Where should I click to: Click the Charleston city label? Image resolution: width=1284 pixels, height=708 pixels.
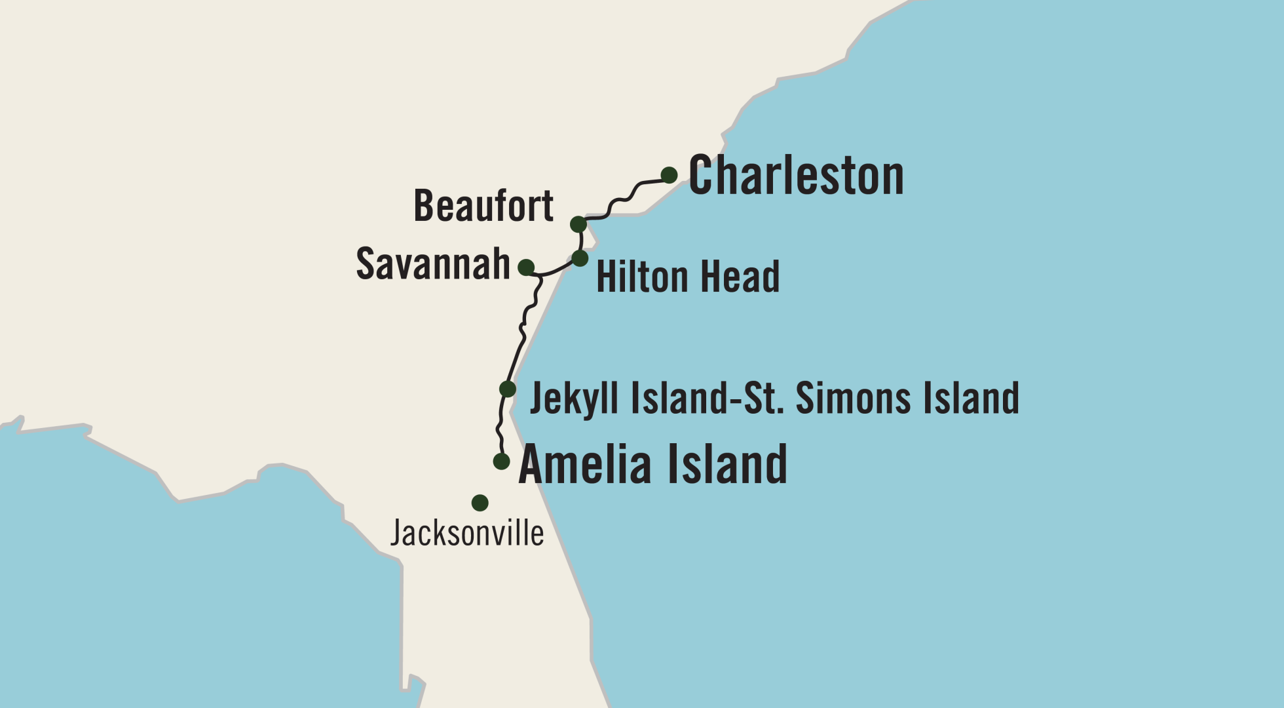point(796,176)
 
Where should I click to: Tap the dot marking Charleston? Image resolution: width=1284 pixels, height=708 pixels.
point(669,175)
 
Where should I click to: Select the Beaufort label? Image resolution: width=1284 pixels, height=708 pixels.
point(483,206)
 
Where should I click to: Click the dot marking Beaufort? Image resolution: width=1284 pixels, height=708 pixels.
point(578,225)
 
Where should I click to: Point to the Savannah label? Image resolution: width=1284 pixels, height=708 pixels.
point(433,264)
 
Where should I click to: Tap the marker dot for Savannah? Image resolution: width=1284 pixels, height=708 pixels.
point(526,267)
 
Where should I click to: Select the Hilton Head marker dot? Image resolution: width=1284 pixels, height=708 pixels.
point(580,258)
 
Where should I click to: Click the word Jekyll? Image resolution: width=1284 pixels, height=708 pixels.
point(573,399)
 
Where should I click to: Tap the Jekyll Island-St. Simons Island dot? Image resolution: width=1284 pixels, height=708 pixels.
point(508,389)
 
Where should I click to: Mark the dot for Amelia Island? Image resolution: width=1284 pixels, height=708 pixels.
point(501,461)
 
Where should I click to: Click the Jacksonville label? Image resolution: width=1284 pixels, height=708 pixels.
point(467,533)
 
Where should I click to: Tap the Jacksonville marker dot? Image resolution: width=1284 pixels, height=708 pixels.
point(480,503)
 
